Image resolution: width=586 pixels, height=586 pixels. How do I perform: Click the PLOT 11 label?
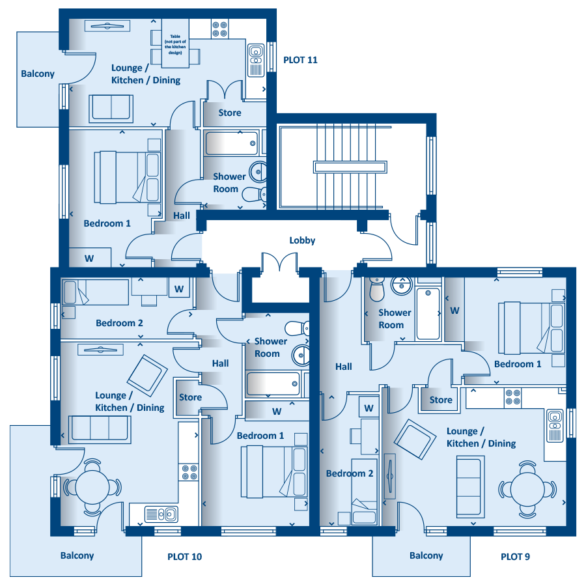(x=300, y=60)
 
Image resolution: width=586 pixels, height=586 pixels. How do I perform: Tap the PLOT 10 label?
(x=185, y=557)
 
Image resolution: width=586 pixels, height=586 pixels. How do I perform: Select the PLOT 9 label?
(x=516, y=557)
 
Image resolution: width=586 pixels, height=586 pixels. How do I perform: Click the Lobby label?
(x=302, y=240)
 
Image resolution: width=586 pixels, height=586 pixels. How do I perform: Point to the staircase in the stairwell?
(x=350, y=167)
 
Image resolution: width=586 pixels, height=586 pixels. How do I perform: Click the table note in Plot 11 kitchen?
(x=175, y=44)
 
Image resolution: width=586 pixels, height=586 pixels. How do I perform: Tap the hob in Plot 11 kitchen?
(x=220, y=29)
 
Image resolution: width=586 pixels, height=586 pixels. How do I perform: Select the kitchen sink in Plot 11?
(x=257, y=60)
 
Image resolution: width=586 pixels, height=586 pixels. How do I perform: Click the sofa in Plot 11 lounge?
(x=111, y=108)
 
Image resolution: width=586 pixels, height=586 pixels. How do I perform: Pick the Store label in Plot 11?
(x=230, y=113)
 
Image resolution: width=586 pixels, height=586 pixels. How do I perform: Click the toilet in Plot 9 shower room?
(x=377, y=289)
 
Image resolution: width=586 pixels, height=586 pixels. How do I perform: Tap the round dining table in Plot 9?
(x=527, y=489)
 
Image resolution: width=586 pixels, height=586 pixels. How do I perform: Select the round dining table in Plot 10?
(x=92, y=487)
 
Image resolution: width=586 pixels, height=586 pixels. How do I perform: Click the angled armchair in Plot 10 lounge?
(x=147, y=376)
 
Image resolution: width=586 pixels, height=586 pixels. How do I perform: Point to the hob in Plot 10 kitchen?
(x=189, y=472)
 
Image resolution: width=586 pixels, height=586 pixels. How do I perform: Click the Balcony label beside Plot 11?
(x=38, y=74)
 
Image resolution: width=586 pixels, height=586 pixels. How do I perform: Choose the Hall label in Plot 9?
(x=343, y=367)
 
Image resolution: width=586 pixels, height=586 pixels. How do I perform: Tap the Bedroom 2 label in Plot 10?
(x=119, y=323)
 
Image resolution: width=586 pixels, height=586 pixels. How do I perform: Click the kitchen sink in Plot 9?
(x=555, y=426)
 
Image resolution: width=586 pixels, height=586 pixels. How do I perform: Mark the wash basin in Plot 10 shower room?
(x=300, y=355)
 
